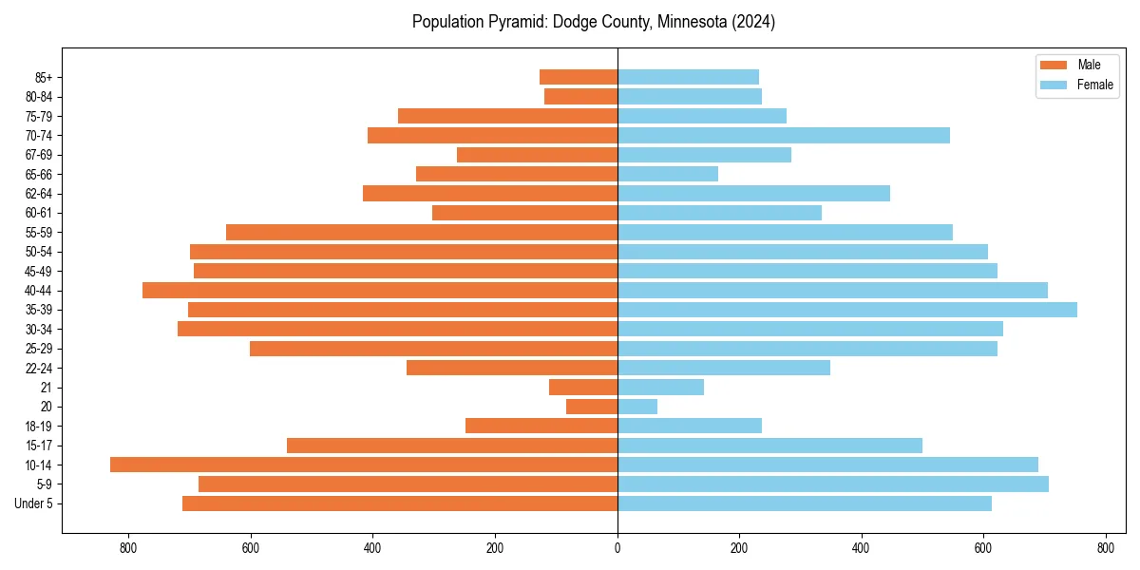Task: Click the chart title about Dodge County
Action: click(x=594, y=22)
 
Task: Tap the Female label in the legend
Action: click(x=1095, y=85)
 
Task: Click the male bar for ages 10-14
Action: click(x=364, y=465)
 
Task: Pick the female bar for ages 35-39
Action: click(x=847, y=310)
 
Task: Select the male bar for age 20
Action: click(x=592, y=407)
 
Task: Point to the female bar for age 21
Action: click(x=660, y=387)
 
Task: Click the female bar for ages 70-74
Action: click(x=784, y=135)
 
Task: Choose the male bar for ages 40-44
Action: click(x=380, y=290)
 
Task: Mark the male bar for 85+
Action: click(x=579, y=77)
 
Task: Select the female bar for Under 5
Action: click(x=805, y=503)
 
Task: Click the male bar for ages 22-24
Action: click(x=512, y=368)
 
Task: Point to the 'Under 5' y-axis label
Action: click(x=34, y=503)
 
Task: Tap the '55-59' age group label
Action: click(x=39, y=232)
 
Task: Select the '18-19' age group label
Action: click(x=39, y=426)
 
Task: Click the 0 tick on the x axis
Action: click(x=617, y=548)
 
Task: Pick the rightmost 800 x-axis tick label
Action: click(x=1105, y=548)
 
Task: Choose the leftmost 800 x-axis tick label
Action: click(x=129, y=548)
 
